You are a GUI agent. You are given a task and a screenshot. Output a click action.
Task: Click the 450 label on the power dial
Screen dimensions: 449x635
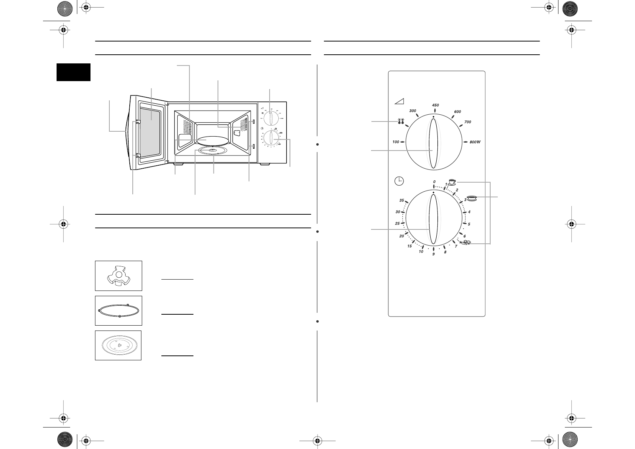point(435,105)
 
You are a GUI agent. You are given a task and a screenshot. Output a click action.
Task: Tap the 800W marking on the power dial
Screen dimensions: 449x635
point(475,142)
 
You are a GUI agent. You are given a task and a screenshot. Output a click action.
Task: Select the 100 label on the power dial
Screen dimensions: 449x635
point(396,142)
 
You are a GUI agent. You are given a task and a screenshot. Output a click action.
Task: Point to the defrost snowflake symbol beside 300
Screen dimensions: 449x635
point(401,121)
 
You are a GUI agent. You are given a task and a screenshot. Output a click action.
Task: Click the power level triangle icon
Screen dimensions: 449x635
point(399,101)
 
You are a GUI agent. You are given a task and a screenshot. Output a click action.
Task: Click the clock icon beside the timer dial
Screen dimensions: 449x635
point(399,181)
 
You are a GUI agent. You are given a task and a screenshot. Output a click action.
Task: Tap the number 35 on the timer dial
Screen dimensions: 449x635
point(402,201)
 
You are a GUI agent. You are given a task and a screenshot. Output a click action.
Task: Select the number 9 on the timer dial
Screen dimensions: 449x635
point(434,254)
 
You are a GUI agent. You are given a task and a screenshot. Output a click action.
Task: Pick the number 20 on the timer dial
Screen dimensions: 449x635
point(402,236)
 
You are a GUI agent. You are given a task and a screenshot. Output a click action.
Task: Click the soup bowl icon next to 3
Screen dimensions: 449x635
point(471,198)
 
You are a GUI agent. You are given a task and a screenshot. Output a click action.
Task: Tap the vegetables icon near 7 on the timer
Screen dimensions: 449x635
point(465,243)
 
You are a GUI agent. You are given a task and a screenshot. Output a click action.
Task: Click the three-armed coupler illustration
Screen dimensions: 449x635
point(118,276)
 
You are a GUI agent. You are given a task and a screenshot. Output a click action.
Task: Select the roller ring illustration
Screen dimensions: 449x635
point(118,311)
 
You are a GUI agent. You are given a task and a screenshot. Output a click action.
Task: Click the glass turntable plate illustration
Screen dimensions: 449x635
point(118,345)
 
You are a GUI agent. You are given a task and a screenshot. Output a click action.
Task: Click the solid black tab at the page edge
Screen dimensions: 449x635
point(74,72)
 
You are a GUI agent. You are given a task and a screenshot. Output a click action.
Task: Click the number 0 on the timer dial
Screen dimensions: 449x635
point(434,182)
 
